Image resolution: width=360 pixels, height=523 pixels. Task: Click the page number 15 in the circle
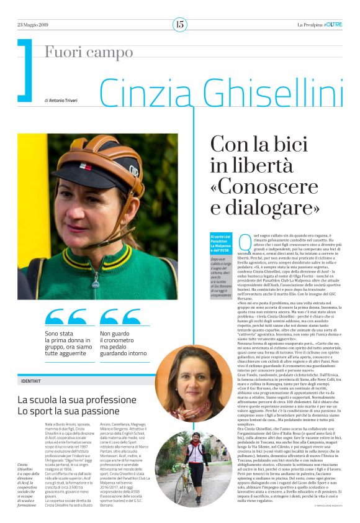point(179,24)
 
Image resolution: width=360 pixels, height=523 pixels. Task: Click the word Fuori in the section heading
point(62,53)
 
